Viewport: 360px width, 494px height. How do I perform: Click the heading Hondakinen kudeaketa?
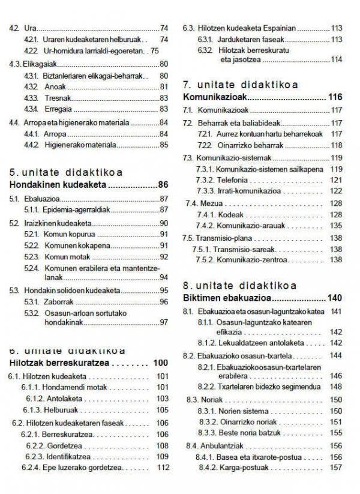pyautogui.click(x=58, y=184)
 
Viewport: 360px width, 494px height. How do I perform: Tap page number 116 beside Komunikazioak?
pyautogui.click(x=335, y=97)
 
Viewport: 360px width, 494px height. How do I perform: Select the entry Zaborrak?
pyautogui.click(x=59, y=301)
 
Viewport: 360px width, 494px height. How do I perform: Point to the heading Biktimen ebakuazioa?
pyautogui.click(x=226, y=298)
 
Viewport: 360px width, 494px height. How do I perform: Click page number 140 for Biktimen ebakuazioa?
pyautogui.click(x=335, y=298)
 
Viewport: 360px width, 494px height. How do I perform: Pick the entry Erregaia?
pyautogui.click(x=58, y=109)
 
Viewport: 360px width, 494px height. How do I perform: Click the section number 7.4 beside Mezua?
pyautogui.click(x=191, y=203)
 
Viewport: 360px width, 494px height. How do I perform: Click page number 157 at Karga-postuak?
pyautogui.click(x=336, y=468)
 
